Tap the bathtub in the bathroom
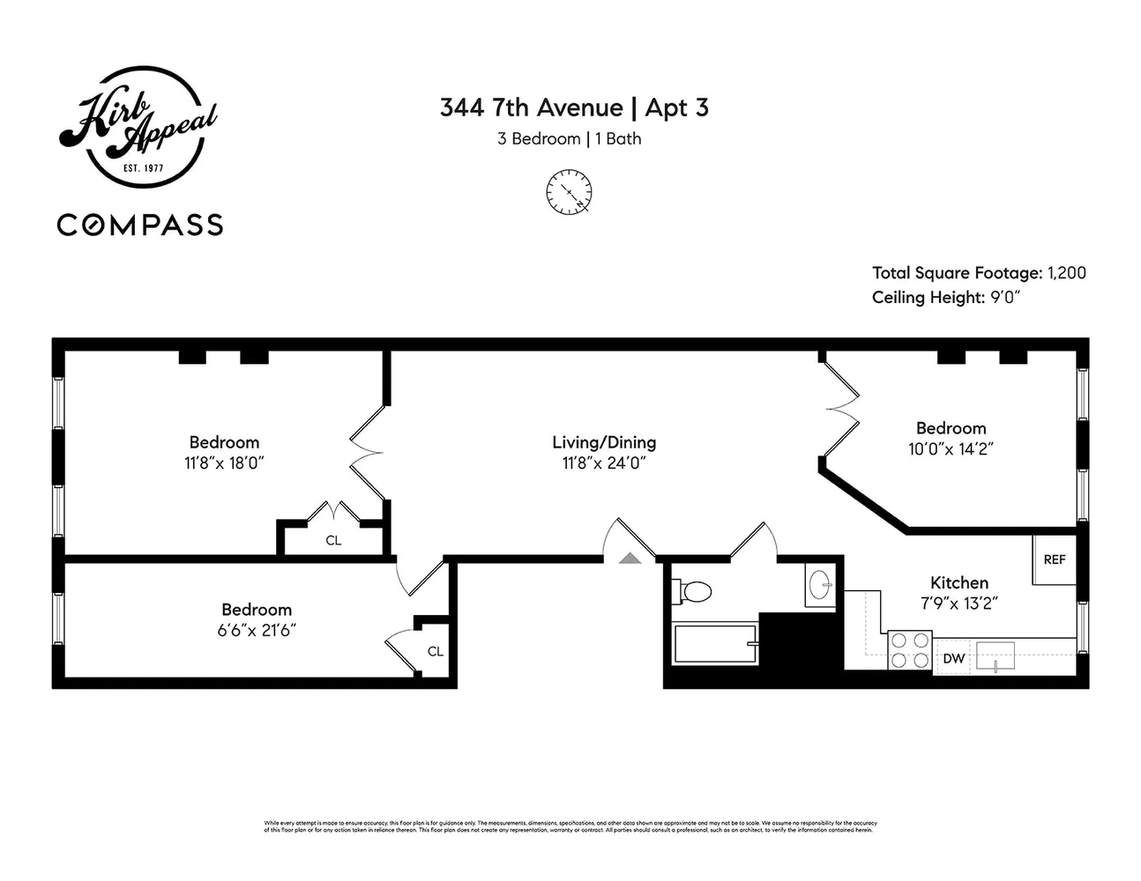[715, 644]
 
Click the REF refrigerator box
[1055, 559]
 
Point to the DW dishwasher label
[954, 658]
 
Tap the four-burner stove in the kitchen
[910, 651]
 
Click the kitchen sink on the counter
[995, 655]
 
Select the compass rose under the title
[569, 192]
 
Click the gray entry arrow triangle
[630, 557]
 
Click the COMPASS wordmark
[140, 225]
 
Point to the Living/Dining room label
[604, 442]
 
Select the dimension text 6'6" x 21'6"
[257, 630]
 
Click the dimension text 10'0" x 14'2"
[951, 448]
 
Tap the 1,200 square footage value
[1067, 273]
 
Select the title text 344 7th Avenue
[531, 107]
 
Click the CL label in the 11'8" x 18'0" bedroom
[333, 540]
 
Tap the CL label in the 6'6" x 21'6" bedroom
[435, 651]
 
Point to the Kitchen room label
[959, 582]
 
